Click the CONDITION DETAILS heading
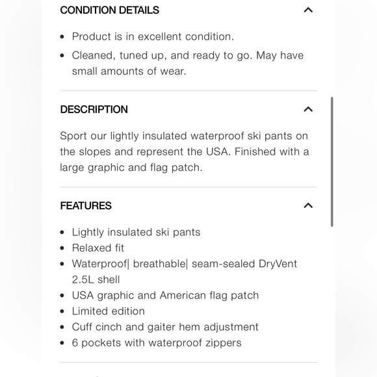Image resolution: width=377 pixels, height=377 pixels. coord(109,10)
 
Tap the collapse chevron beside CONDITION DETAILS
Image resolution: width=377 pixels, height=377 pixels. coord(308,10)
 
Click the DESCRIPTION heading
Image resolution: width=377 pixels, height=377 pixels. coord(94,109)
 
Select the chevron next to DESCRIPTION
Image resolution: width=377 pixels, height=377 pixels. coord(308,109)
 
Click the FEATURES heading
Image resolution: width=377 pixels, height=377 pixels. coord(86,205)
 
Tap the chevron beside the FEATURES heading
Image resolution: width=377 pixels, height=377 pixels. coord(308,205)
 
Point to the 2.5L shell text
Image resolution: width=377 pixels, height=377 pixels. coord(96,279)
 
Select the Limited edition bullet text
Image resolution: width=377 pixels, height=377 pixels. coord(108,311)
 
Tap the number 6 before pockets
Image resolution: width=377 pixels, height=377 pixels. coord(75,343)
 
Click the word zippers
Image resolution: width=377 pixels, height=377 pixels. coord(222,343)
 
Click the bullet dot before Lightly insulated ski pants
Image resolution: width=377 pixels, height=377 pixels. coord(62,233)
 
